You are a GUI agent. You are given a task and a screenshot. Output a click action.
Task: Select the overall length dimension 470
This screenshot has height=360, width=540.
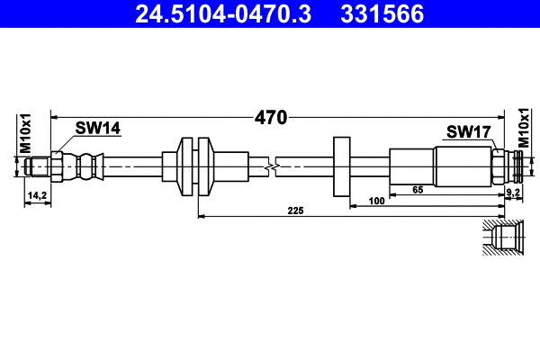[270, 117]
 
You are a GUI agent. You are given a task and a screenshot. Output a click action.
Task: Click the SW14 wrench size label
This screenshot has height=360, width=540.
[97, 129]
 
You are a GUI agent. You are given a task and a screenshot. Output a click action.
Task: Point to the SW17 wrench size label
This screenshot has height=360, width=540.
[468, 132]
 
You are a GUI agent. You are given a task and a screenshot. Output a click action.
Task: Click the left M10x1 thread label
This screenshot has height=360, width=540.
[26, 132]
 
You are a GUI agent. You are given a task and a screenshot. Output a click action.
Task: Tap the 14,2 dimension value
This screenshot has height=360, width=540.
[37, 194]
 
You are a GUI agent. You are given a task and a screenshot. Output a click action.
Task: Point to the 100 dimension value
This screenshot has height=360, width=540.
[377, 202]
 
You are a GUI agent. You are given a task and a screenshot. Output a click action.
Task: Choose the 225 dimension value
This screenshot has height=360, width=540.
[295, 211]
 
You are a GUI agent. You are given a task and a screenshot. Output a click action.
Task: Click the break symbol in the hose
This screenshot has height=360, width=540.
[270, 166]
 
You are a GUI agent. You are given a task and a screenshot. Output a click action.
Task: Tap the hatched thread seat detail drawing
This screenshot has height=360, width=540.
[503, 238]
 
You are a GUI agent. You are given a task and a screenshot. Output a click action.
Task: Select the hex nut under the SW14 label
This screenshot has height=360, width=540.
[57, 166]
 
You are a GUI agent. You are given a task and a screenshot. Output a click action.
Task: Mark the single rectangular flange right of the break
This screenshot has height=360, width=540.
[342, 166]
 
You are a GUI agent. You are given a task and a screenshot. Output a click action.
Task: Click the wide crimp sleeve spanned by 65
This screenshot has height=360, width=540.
[463, 166]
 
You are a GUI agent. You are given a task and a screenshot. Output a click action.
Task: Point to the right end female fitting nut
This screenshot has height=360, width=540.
[499, 166]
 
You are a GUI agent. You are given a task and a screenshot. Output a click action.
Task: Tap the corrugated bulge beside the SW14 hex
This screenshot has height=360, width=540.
[86, 166]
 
